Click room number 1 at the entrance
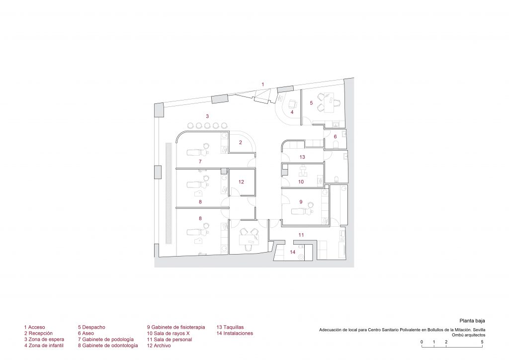pos(263,85)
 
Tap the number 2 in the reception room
pos(241,142)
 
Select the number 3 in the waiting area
pos(207,116)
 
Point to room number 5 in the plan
pos(311,103)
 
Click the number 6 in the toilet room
pos(336,137)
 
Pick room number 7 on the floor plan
pos(200,161)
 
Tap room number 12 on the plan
pos(241,182)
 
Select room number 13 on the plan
pos(302,157)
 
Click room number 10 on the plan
pos(301,182)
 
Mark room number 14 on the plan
pos(293,252)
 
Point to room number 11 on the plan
pos(301,235)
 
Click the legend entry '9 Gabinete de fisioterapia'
pos(176,327)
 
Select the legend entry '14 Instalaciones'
pos(235,333)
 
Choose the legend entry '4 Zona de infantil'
pos(44,346)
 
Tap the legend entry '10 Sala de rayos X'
pos(168,333)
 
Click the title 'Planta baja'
pos(472,321)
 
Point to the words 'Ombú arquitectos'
pos(468,335)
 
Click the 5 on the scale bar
pos(482,342)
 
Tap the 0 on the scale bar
pos(422,342)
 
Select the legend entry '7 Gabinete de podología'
pos(106,339)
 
